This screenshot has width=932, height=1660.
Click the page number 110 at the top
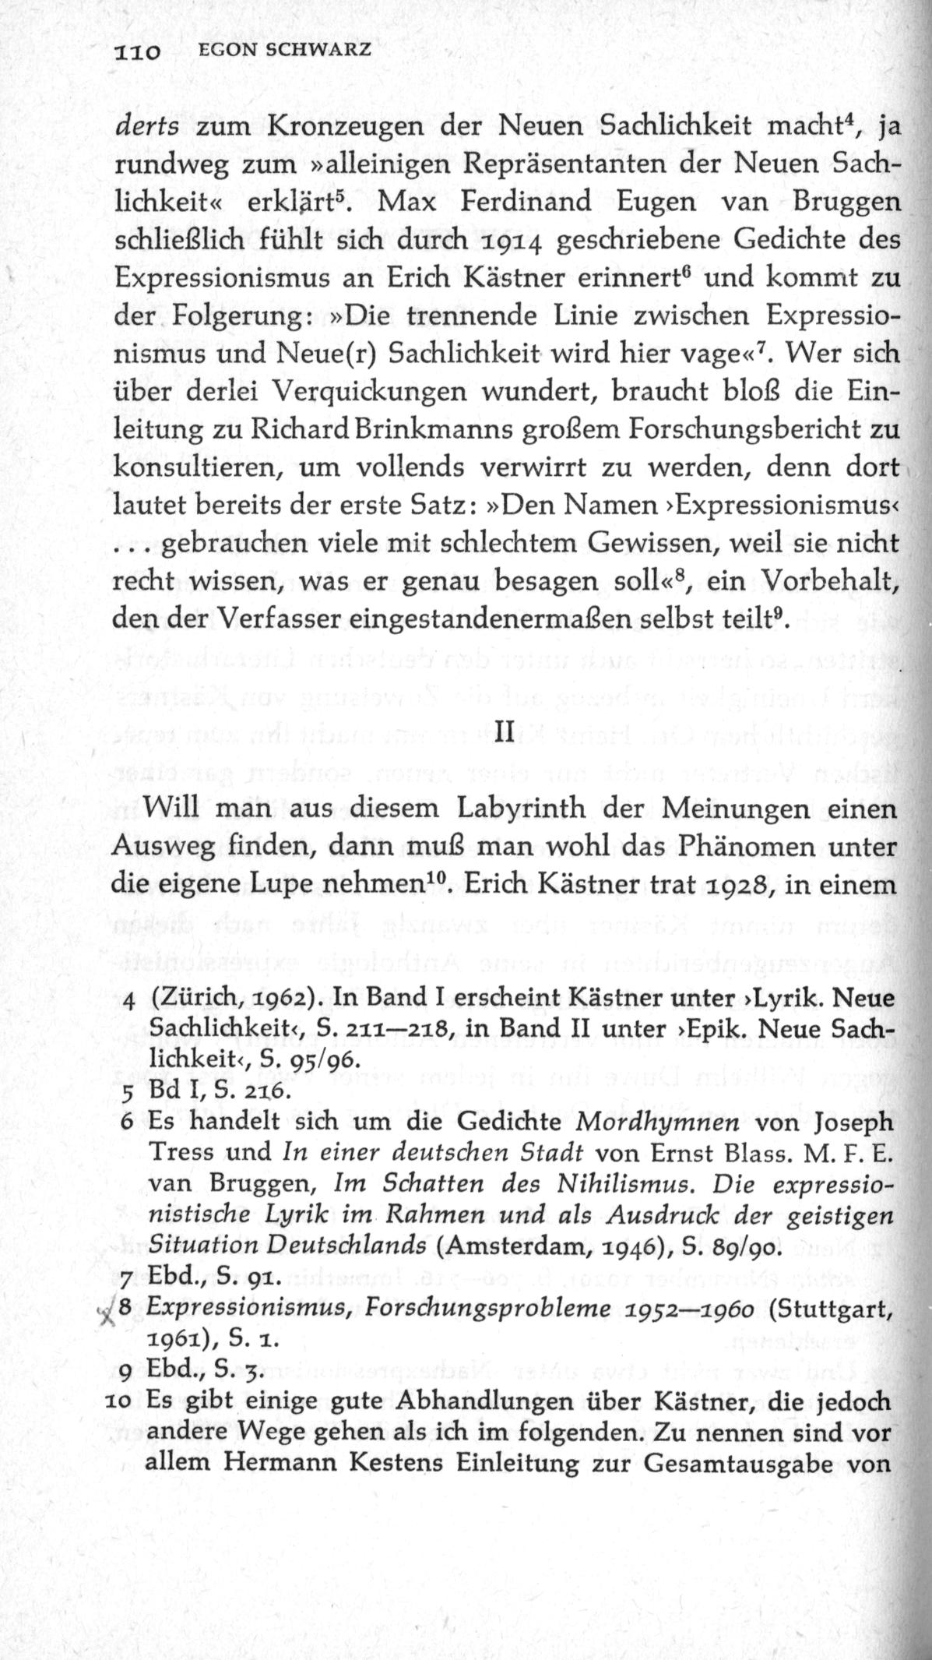coord(137,52)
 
